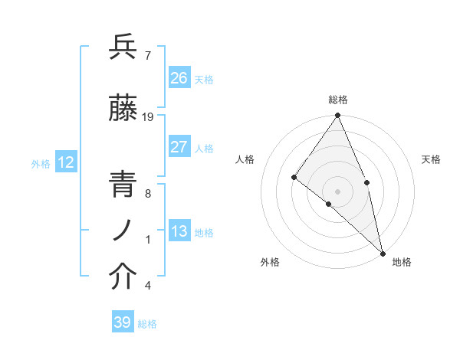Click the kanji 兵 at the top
point(123,47)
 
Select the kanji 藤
point(123,110)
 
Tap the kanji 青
point(123,185)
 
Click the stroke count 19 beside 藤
point(149,117)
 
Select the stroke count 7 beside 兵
point(147,55)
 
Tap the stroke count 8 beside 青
point(147,194)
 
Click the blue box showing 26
point(179,77)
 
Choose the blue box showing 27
point(179,147)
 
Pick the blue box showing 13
point(179,231)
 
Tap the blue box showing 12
point(65,162)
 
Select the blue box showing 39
point(122,322)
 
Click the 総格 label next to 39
point(147,324)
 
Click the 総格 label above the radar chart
point(338,100)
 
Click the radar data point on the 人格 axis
point(294,178)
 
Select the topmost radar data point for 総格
point(338,116)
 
